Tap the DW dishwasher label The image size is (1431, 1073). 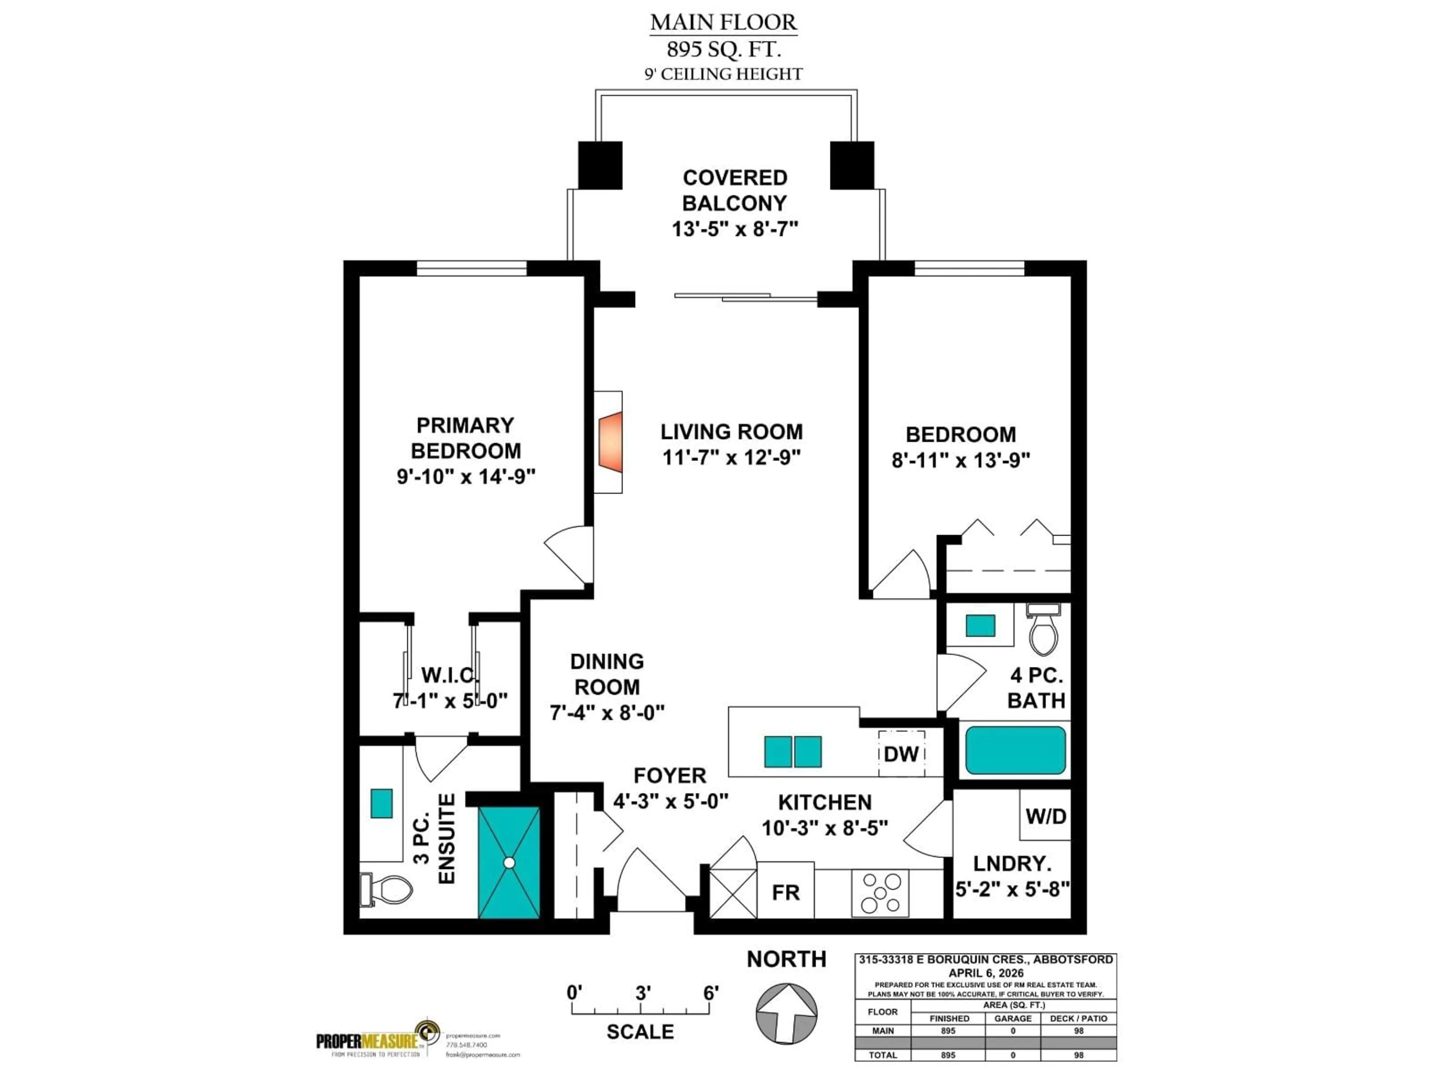(901, 753)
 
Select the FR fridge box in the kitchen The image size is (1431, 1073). (785, 893)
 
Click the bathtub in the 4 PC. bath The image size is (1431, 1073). (1015, 750)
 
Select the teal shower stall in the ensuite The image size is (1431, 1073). (509, 862)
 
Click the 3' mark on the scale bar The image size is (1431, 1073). (642, 993)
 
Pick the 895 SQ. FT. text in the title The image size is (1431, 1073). (723, 49)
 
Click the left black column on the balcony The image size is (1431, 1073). (600, 165)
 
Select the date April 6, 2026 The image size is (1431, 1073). (986, 973)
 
